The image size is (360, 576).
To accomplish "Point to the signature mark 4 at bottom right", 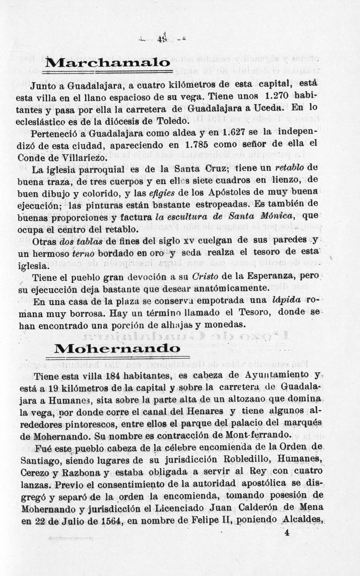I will (286, 533).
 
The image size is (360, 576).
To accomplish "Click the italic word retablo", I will (290, 168).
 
